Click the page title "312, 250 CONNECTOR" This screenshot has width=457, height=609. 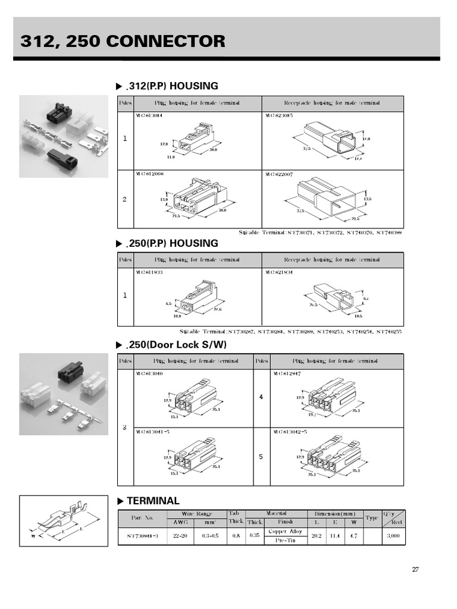tap(123, 41)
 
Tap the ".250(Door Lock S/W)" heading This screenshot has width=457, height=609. tap(177, 345)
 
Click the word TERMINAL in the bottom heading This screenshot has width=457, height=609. tap(153, 501)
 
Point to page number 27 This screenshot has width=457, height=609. tap(415, 570)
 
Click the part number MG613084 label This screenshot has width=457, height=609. tap(149, 116)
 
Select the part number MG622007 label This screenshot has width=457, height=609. tap(280, 174)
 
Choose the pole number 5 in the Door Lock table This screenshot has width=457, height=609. tap(261, 457)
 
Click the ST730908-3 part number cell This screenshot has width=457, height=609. tap(142, 536)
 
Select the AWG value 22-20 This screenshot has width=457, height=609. tap(180, 536)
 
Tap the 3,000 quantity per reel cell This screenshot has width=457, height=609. tap(393, 536)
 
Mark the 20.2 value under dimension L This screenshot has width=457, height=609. tap(317, 536)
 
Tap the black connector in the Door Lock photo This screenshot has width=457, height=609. tap(70, 373)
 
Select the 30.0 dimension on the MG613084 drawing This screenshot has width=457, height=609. tap(212, 150)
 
